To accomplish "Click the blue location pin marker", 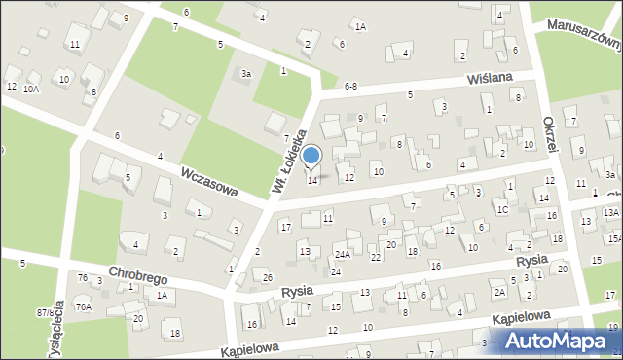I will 311,157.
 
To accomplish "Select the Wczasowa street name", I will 208,179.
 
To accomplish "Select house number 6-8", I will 351,87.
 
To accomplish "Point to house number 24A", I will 342,255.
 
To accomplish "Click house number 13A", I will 610,212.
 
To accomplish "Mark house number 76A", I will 84,306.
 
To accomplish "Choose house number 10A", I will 31,89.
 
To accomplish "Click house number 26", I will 268,278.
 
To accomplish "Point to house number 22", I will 375,257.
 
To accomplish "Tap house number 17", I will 285,227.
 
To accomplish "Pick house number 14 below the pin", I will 312,180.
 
